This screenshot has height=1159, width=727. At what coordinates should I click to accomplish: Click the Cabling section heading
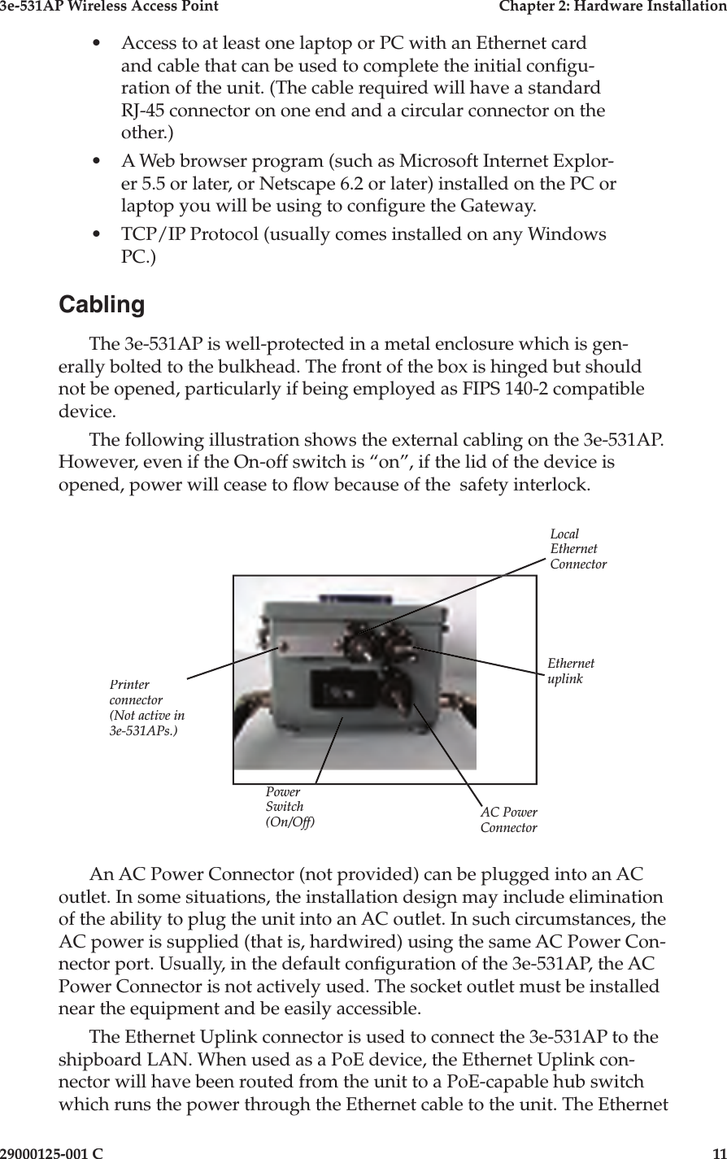pos(102,305)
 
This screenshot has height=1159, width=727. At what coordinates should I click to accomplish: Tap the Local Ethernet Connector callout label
pos(577,549)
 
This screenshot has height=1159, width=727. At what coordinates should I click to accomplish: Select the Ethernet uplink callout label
pos(571,671)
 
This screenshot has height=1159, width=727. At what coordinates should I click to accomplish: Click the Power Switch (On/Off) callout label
pos(289,807)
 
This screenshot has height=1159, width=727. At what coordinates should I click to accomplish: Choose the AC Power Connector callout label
pos(509,821)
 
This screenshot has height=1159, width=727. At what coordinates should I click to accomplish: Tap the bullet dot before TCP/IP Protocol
pos(98,235)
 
